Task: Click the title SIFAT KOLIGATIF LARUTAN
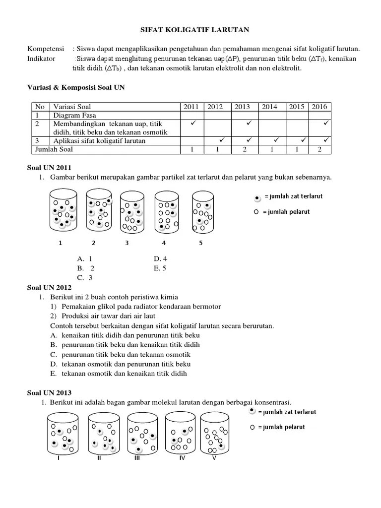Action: pyautogui.click(x=193, y=30)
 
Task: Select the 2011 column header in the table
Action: pyautogui.click(x=191, y=107)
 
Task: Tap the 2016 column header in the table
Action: pyautogui.click(x=319, y=107)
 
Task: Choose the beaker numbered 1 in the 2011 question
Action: pyautogui.click(x=62, y=211)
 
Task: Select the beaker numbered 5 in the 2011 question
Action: pyautogui.click(x=204, y=211)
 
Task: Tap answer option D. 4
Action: pyautogui.click(x=160, y=258)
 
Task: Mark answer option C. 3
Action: pyautogui.click(x=85, y=277)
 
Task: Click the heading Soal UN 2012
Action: pyautogui.click(x=49, y=287)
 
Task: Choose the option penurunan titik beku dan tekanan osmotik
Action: pyautogui.click(x=126, y=355)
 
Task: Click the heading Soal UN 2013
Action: pyautogui.click(x=49, y=393)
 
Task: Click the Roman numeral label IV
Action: pyautogui.click(x=182, y=457)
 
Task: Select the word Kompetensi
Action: pyautogui.click(x=46, y=48)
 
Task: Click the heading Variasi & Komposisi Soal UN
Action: pyautogui.click(x=75, y=87)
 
